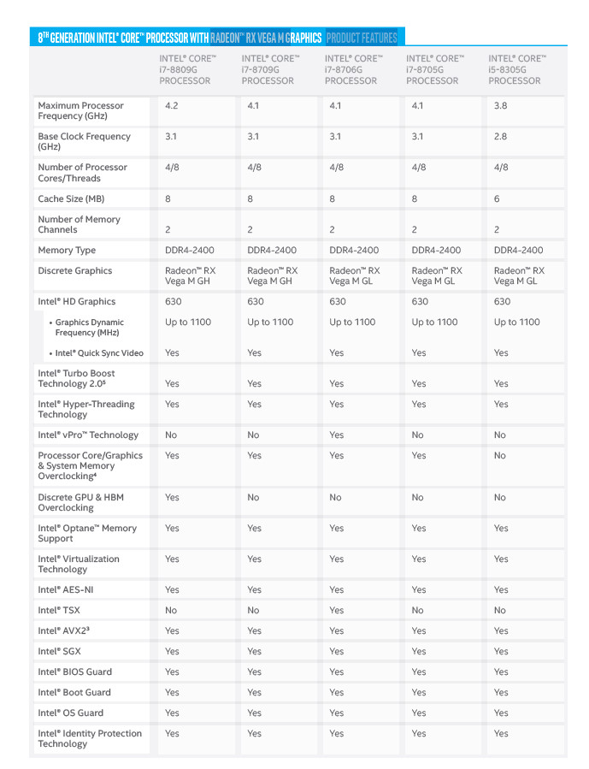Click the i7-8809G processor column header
click(x=187, y=69)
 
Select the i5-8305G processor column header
click(x=515, y=69)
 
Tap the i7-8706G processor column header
click(x=352, y=69)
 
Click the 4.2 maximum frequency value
click(x=172, y=106)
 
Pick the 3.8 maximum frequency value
click(x=501, y=106)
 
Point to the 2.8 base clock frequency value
click(x=501, y=137)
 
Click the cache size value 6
click(x=498, y=198)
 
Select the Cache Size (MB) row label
click(x=72, y=198)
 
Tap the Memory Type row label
click(x=67, y=251)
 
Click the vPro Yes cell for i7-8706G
click(x=337, y=435)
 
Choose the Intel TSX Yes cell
click(x=337, y=611)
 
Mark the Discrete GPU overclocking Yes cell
click(x=172, y=497)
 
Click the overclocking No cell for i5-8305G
click(x=500, y=456)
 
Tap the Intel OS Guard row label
click(x=71, y=713)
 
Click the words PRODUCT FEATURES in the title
click(x=362, y=38)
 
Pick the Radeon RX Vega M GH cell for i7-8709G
click(x=269, y=275)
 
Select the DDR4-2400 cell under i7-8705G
click(x=436, y=251)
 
